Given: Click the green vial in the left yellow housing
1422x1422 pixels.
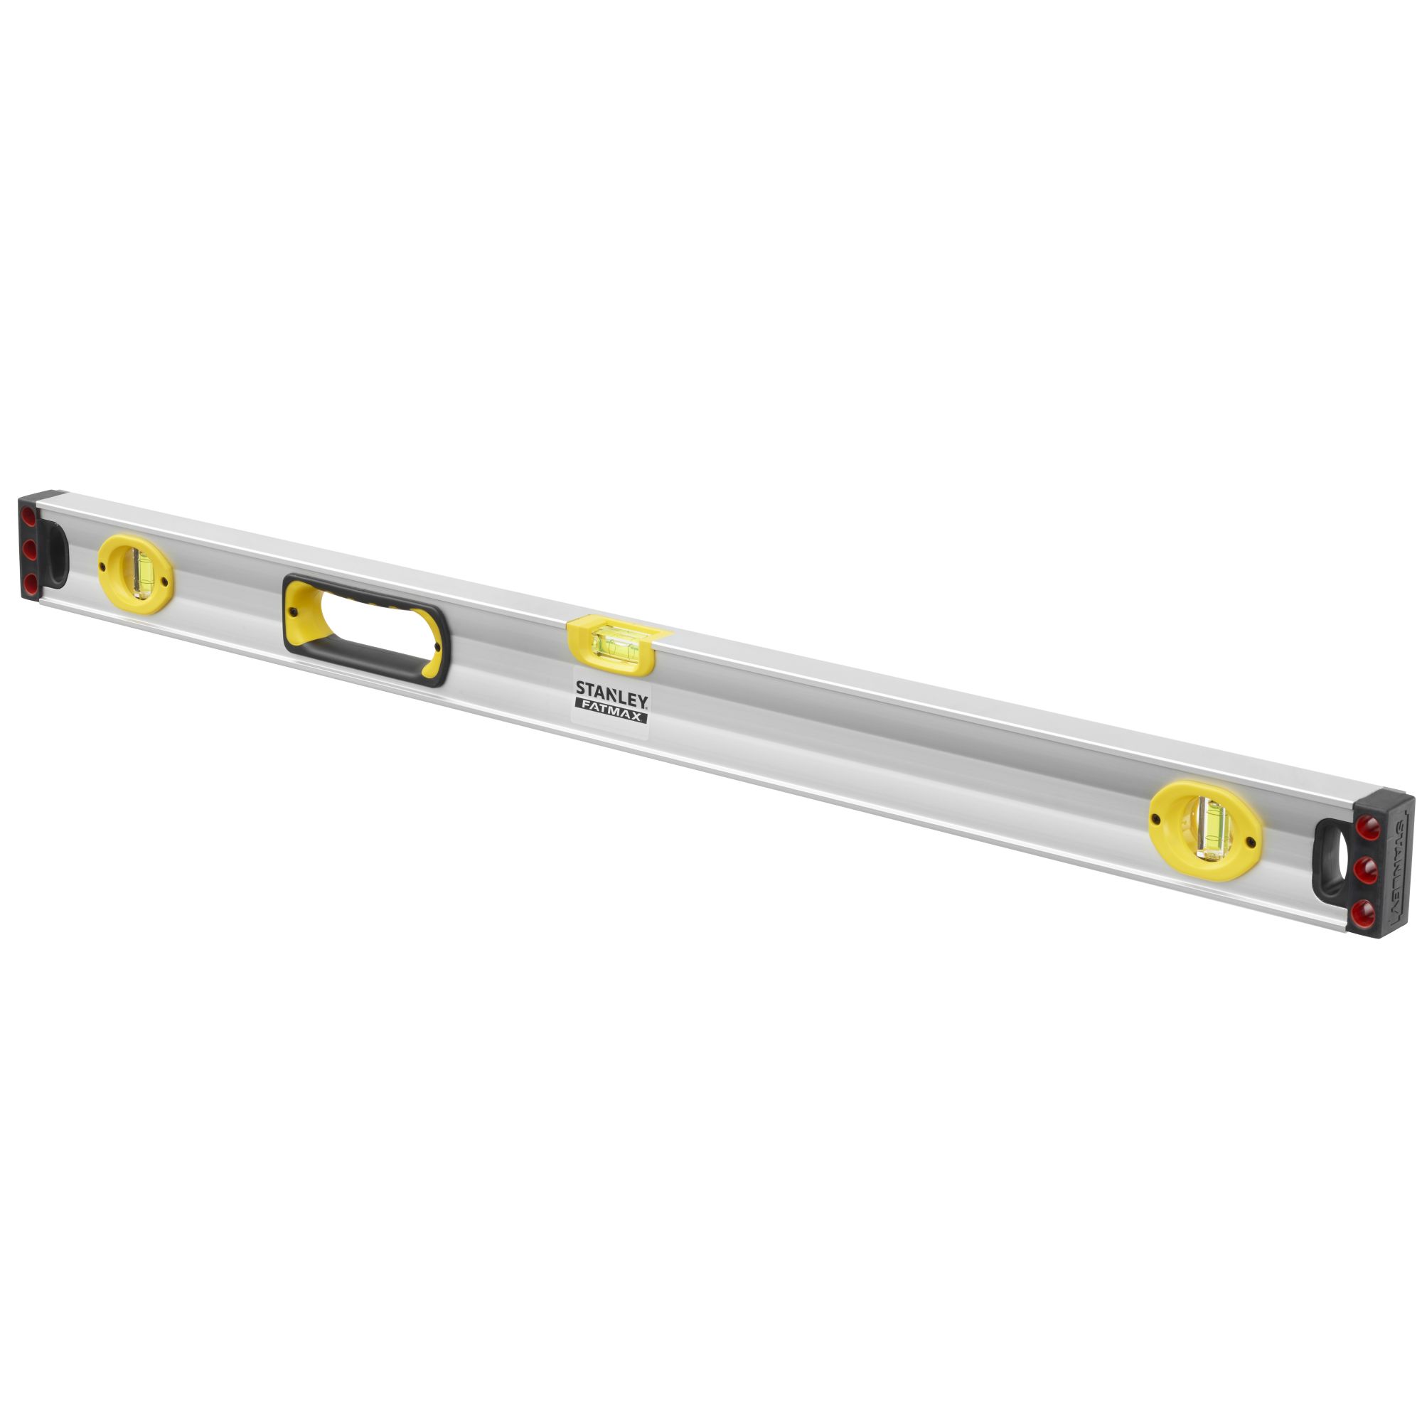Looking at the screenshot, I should tap(141, 572).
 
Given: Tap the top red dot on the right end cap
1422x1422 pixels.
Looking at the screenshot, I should tap(1368, 828).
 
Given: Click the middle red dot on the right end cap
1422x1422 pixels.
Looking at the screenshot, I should tap(1366, 871).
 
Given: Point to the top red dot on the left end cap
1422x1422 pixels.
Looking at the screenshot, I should tap(28, 516).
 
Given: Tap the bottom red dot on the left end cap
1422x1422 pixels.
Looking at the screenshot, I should tap(29, 584).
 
